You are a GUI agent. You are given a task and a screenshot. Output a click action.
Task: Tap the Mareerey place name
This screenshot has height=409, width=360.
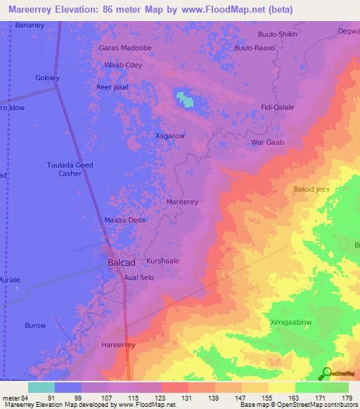[182, 202]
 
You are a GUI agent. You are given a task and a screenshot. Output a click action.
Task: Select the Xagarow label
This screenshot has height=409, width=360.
[169, 135]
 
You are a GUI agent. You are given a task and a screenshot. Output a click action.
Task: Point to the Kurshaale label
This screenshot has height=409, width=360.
[162, 261]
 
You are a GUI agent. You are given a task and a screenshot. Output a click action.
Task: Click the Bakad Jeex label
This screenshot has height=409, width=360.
[311, 190]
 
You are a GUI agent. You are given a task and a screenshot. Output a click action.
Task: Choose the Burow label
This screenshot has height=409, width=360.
[35, 325]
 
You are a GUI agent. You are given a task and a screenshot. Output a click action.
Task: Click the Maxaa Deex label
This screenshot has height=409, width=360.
[125, 220]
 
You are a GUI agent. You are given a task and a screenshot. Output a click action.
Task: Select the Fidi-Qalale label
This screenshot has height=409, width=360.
[277, 108]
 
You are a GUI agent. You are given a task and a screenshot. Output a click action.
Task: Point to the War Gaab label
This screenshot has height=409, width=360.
[267, 142]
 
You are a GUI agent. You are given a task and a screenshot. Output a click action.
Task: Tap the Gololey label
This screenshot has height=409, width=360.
[49, 78]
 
